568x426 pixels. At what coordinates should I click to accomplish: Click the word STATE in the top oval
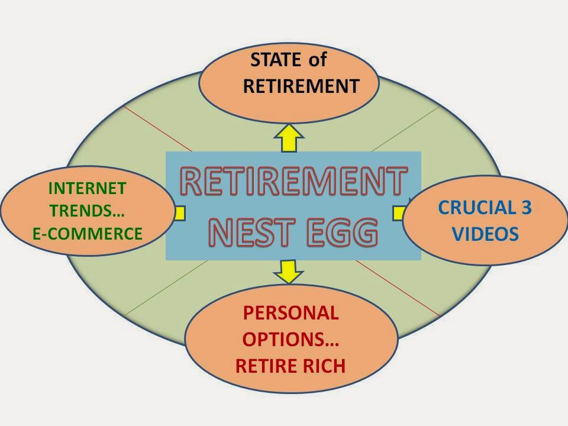tap(275, 60)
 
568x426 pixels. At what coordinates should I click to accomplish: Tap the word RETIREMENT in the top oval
tap(301, 86)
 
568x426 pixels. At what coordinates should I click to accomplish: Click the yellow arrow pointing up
tap(289, 138)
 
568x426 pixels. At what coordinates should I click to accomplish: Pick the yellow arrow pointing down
tap(289, 270)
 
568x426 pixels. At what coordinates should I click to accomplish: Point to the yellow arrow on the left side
tap(179, 212)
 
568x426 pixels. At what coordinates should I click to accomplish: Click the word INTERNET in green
tap(87, 189)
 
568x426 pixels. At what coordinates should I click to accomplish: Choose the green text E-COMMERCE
tap(87, 234)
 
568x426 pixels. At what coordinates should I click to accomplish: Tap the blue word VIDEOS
tap(485, 234)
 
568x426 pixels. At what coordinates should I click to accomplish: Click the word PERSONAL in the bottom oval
tap(291, 312)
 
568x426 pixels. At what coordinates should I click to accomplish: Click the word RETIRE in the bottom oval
tap(263, 366)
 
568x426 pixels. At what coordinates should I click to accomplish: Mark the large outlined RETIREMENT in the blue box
tap(293, 182)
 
